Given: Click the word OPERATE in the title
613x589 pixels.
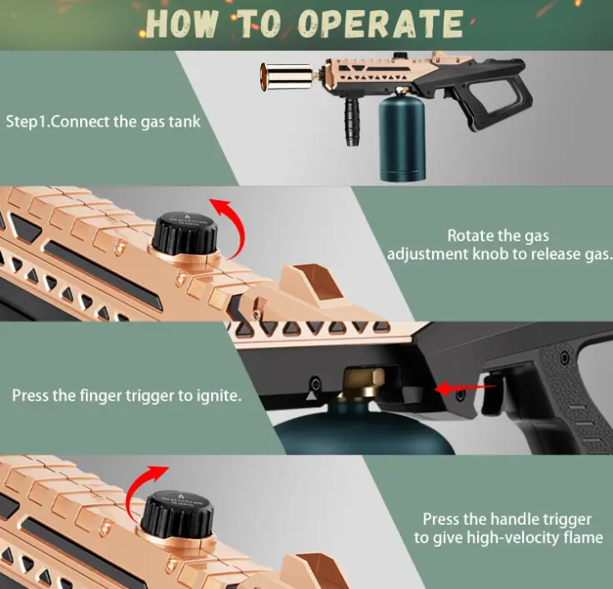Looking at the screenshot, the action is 380,23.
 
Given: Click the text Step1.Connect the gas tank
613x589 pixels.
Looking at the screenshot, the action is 103,122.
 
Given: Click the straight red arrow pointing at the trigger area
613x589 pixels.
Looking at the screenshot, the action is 465,388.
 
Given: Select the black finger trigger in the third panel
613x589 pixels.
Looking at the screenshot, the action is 492,394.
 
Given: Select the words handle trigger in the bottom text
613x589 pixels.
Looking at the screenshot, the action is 540,520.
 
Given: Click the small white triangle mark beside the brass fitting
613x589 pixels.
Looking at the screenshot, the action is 310,396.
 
